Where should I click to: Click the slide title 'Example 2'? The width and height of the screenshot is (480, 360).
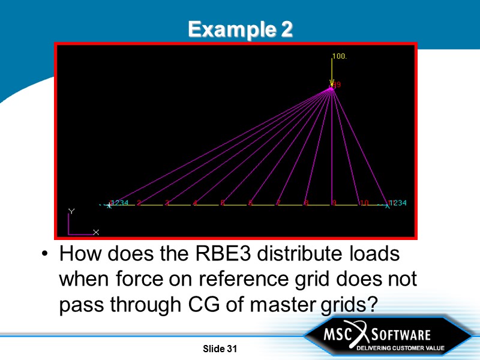240,29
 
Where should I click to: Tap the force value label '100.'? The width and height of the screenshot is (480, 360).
340,56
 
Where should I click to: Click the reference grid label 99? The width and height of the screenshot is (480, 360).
337,85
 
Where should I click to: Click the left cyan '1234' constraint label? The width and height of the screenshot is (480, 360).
119,203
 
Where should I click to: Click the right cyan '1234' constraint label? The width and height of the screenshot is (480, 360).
397,203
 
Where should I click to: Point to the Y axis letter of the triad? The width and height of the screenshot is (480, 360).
71,212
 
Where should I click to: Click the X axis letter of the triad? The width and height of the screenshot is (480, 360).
96,232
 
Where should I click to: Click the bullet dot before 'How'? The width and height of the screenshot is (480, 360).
46,254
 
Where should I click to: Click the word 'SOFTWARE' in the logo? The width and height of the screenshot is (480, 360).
401,334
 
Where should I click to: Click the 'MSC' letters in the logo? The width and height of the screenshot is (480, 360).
338,334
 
